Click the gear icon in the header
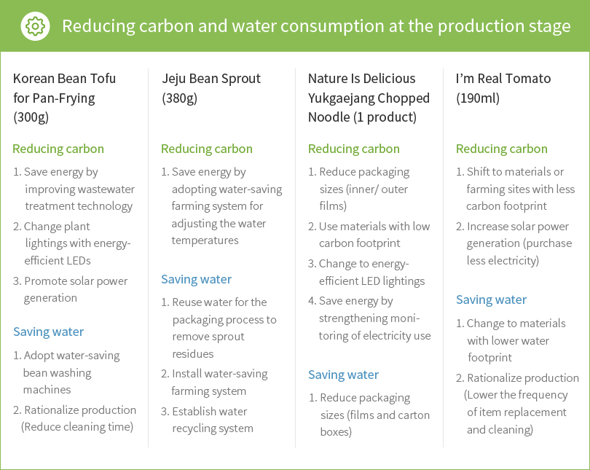tap(35, 26)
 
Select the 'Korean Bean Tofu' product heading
tap(64, 78)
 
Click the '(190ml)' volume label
tap(478, 98)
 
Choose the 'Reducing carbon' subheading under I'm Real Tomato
tap(502, 149)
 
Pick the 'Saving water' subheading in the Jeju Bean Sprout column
tap(196, 279)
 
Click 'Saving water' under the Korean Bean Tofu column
tap(49, 332)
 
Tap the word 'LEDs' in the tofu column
tap(78, 260)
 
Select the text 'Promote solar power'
tap(76, 281)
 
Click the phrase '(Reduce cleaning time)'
tap(77, 427)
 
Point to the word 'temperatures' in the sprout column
tap(205, 240)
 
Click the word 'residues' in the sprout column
tap(192, 353)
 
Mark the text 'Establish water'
tap(210, 411)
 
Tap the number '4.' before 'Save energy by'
tap(312, 301)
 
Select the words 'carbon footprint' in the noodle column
tap(359, 243)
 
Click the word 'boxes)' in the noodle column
tap(336, 431)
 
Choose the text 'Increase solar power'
tap(518, 227)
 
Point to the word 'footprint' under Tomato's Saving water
tap(489, 358)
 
